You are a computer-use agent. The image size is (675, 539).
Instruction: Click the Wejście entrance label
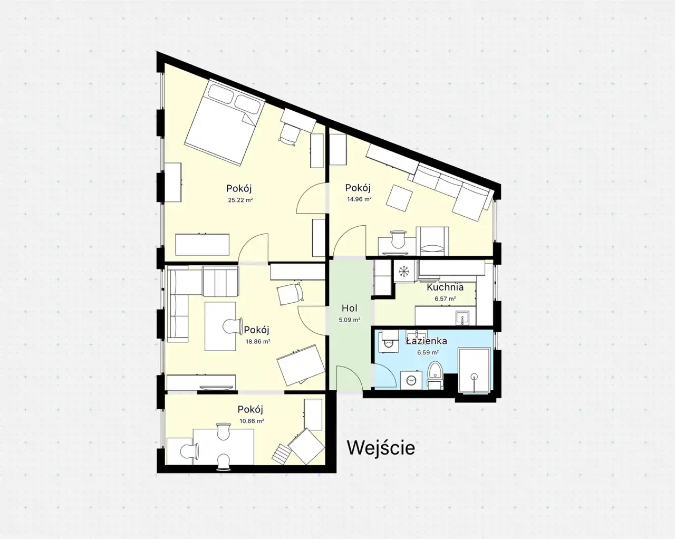click(x=381, y=448)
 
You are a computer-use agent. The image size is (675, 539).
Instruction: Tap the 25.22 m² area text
click(x=240, y=200)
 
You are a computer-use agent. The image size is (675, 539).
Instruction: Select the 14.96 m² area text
click(x=359, y=199)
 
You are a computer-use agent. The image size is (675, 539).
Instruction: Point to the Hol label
click(x=350, y=308)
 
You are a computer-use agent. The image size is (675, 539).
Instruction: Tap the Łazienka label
click(x=427, y=341)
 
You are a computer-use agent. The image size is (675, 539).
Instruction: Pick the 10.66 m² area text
click(x=252, y=421)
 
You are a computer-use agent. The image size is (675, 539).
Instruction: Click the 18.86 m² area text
click(x=258, y=341)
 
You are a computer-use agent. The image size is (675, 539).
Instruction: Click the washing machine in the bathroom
click(x=411, y=380)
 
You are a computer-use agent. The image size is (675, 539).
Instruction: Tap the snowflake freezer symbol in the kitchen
click(x=404, y=271)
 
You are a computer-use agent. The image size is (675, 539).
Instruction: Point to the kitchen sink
click(x=462, y=318)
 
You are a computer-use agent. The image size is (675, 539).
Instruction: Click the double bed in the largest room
click(x=225, y=122)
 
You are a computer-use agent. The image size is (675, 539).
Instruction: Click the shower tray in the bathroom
click(x=475, y=370)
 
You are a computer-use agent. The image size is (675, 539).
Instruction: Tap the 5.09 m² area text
click(x=350, y=320)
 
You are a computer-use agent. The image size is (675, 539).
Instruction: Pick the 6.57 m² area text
click(x=445, y=299)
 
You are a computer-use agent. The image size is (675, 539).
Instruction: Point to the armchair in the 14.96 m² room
click(x=432, y=241)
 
